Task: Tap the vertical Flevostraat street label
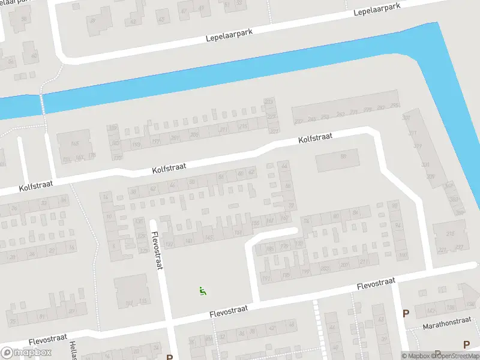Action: [157, 251]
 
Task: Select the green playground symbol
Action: [203, 292]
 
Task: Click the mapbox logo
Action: [26, 353]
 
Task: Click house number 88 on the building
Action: [343, 157]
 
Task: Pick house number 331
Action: [425, 164]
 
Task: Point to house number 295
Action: [394, 106]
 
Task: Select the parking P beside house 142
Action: [406, 313]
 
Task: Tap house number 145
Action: [209, 238]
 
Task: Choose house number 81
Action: [41, 316]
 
